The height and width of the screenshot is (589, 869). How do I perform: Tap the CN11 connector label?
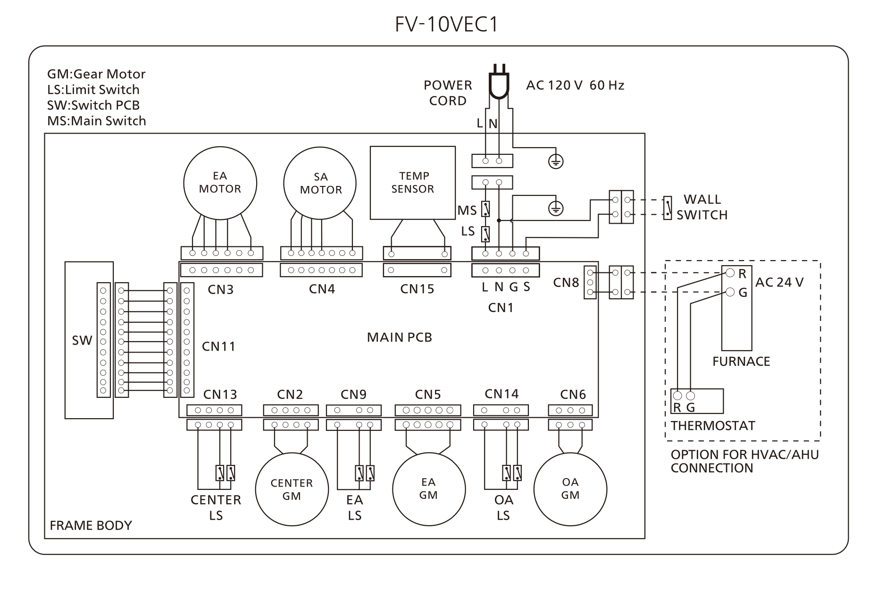(x=218, y=346)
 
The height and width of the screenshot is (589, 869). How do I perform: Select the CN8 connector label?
(x=566, y=282)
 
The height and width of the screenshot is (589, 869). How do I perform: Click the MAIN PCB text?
(x=400, y=337)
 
